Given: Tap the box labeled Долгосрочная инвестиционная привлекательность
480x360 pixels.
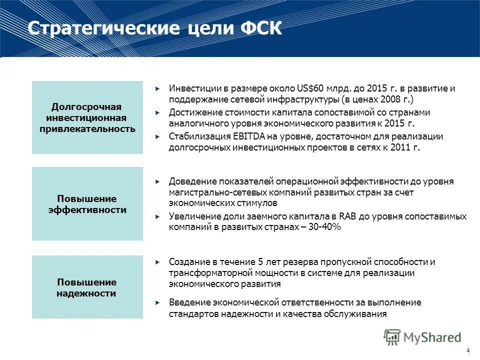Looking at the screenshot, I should click(87, 117).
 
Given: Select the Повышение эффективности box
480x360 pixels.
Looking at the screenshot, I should click(87, 204).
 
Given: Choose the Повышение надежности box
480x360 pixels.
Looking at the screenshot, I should click(87, 287).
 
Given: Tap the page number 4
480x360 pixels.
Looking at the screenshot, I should click(468, 350).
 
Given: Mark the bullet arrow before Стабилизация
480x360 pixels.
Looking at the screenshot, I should click(158, 137).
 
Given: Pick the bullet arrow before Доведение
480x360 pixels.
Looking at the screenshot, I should click(158, 181).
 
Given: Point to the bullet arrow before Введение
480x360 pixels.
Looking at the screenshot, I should click(158, 303).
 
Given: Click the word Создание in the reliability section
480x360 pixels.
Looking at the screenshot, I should click(186, 262).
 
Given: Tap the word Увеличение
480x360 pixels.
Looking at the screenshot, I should click(191, 216).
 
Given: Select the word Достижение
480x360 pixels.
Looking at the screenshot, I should click(191, 112).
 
